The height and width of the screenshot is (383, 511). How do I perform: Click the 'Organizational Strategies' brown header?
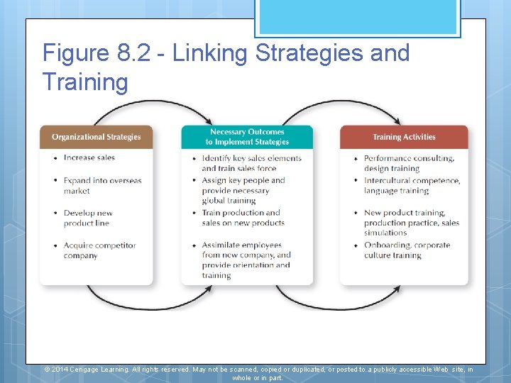[x=96, y=137]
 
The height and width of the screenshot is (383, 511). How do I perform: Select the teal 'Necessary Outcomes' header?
[x=247, y=137]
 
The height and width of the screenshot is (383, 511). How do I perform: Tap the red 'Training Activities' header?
[x=404, y=137]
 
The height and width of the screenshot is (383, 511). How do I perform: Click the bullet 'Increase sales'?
[x=89, y=157]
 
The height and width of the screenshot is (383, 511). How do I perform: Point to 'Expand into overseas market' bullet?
[x=101, y=186]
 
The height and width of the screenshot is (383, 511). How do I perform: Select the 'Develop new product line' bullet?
[x=88, y=218]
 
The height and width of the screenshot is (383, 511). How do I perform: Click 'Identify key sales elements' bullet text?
[x=251, y=163]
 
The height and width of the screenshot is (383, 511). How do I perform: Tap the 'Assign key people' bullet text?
[x=243, y=190]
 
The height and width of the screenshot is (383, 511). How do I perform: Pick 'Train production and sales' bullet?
[x=243, y=218]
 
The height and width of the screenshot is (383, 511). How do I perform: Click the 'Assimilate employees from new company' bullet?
[x=246, y=260]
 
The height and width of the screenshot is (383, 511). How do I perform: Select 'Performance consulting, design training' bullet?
[x=409, y=163]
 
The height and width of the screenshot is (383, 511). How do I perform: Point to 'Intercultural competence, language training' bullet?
[x=412, y=186]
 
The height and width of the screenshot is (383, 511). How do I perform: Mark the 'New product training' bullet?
[x=411, y=222]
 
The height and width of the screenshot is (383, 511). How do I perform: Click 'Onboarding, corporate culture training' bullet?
[x=407, y=250]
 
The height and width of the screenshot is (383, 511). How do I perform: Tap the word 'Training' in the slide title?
[x=85, y=82]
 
